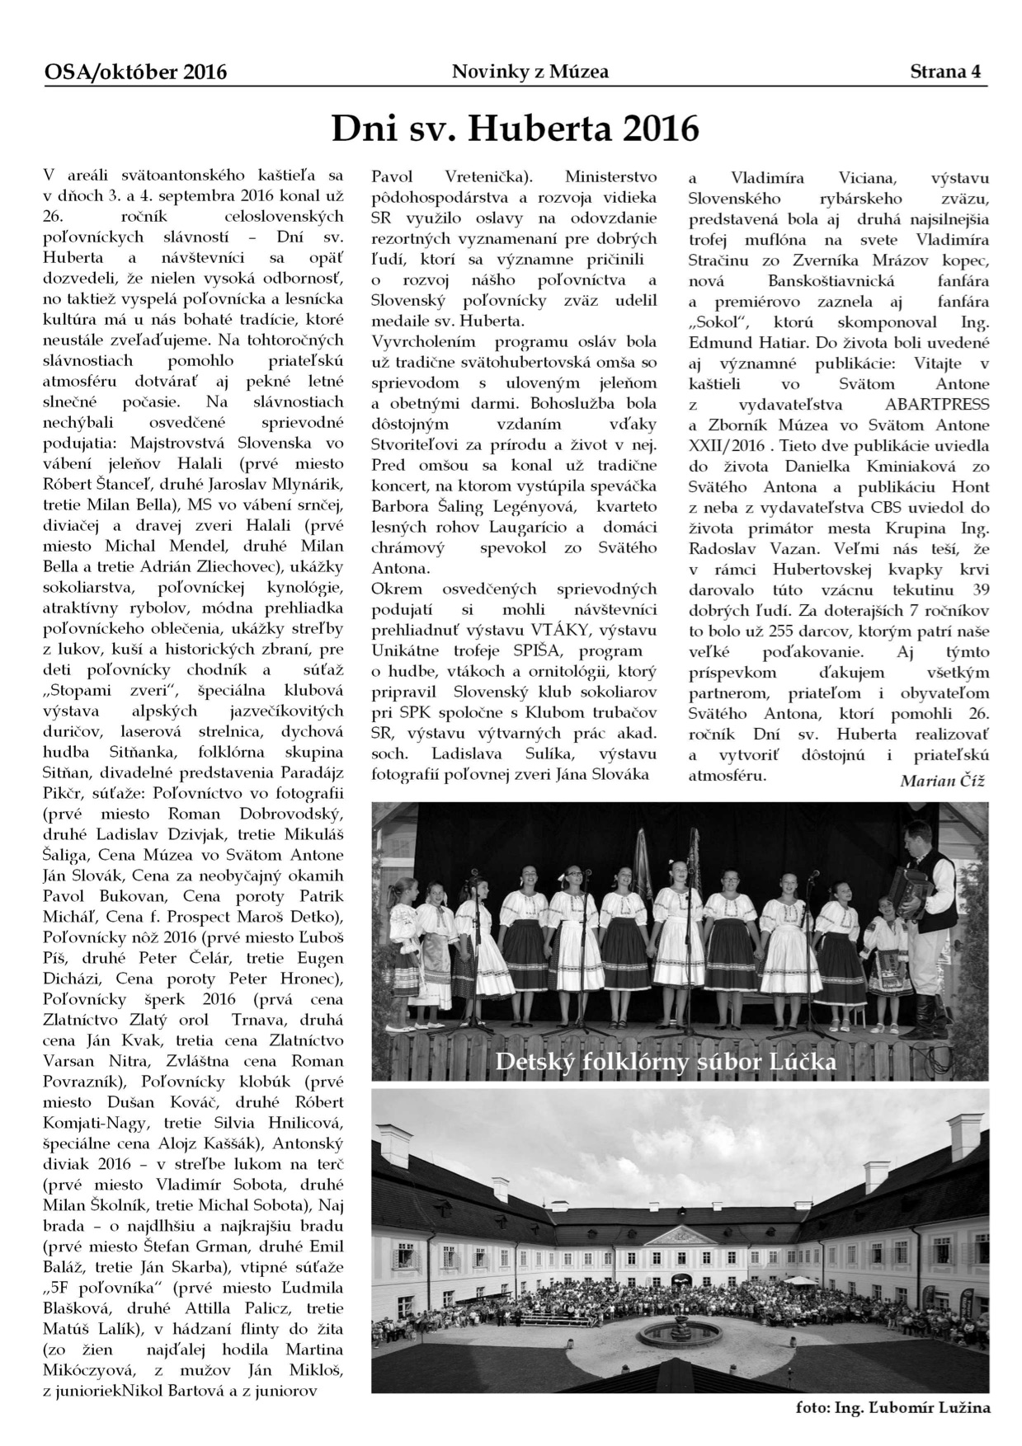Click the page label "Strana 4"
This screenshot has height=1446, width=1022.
tap(948, 72)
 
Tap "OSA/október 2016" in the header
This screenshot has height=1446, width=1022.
tap(136, 73)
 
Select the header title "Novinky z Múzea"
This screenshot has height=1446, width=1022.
tap(530, 72)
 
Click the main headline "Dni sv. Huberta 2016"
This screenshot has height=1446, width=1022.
tap(515, 129)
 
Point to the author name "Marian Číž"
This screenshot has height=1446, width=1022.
tap(942, 781)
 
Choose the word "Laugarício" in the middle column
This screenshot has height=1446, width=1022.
tap(542, 527)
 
